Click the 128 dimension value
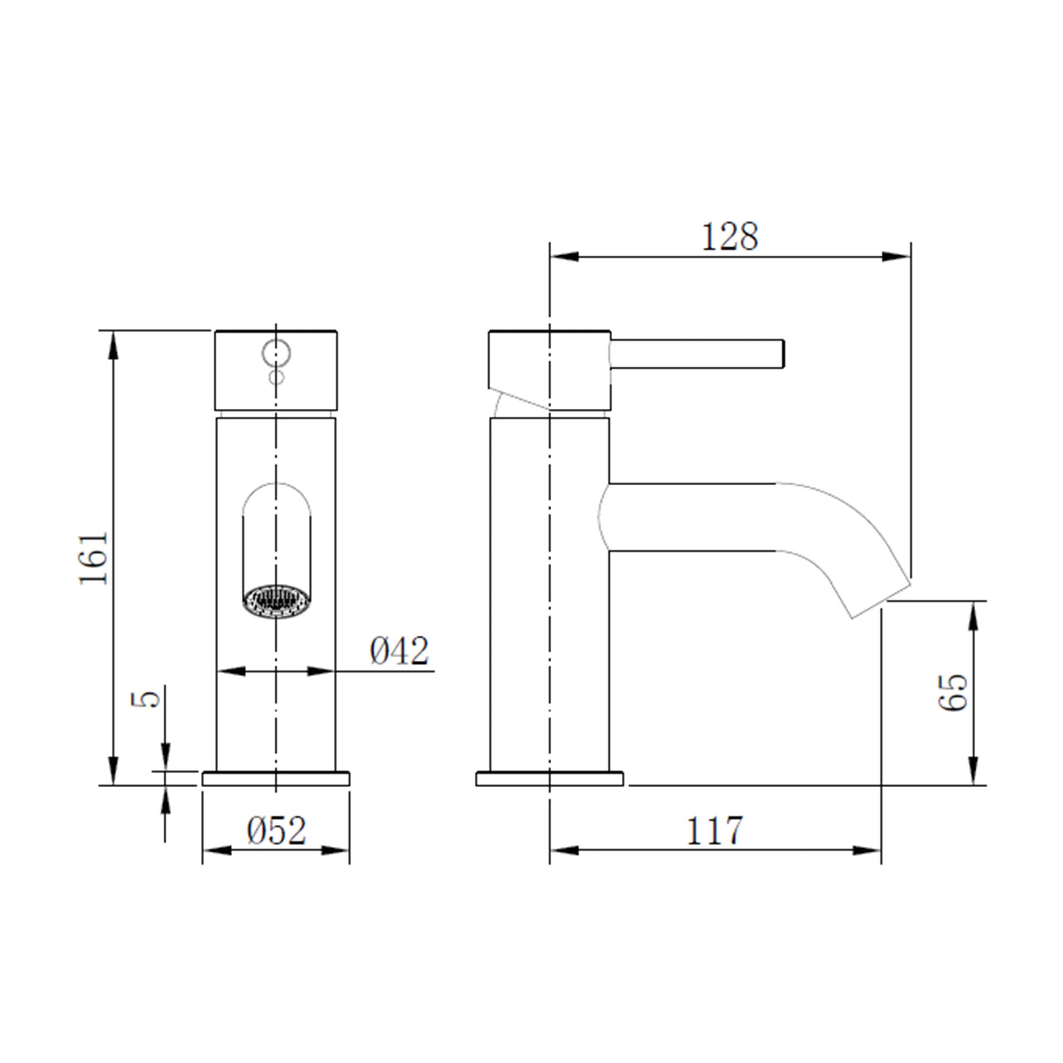point(730,237)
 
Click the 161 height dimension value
point(94,558)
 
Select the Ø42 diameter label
point(399,651)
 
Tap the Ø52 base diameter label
point(276,831)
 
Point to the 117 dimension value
point(714,831)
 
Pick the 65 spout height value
point(953,692)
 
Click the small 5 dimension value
point(146,699)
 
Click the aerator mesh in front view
point(276,601)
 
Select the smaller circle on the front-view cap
point(276,377)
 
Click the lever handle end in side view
point(780,354)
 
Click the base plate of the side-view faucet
point(549,779)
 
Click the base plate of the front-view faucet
point(276,779)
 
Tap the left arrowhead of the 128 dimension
point(564,256)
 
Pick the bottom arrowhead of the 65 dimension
point(973,770)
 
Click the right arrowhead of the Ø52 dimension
point(335,850)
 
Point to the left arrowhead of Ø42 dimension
point(231,671)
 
